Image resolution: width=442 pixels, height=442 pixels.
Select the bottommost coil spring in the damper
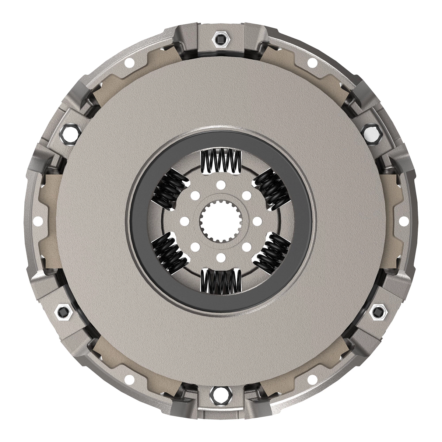click(221, 281)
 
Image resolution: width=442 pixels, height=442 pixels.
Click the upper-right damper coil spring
click(272, 190)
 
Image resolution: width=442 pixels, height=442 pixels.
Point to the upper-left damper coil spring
click(169, 190)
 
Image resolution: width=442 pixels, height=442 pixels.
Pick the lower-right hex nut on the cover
click(378, 311)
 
